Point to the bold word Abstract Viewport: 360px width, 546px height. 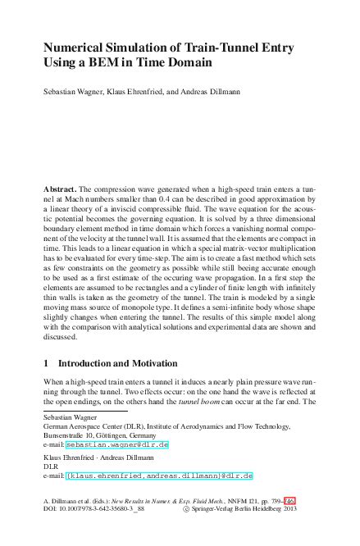tap(61, 189)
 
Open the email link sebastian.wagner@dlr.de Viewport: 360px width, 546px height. tap(116, 444)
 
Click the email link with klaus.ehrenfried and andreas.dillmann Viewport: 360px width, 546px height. tap(159, 475)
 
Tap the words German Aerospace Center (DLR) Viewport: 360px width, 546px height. tap(97, 426)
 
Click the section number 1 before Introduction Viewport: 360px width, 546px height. tap(46, 362)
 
